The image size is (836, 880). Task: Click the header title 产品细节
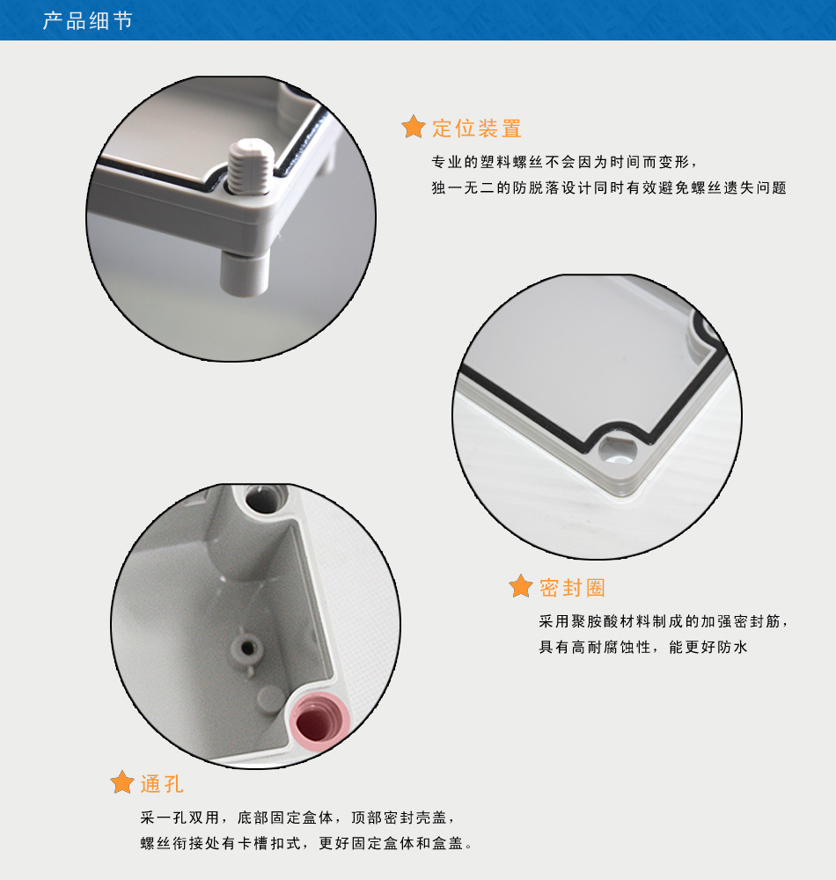pos(87,21)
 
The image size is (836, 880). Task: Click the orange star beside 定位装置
pos(414,127)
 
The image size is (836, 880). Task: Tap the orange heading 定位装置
pos(477,128)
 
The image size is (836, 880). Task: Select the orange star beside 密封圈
pos(521,586)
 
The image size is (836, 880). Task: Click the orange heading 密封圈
pos(572,588)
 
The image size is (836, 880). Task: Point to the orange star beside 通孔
pos(121,781)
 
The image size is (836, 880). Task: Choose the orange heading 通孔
pos(162,784)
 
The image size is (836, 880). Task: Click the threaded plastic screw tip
pos(251,166)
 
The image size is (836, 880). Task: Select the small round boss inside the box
pos(247,649)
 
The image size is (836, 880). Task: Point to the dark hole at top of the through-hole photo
pos(262,498)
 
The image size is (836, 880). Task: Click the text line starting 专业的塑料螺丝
pos(564,162)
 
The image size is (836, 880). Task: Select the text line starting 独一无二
pos(609,187)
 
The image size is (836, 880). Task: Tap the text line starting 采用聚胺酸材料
pos(664,621)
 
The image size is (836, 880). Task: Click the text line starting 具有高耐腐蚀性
pos(643,647)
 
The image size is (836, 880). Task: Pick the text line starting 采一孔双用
pos(297,818)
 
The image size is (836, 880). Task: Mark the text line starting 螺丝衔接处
pos(306,843)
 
